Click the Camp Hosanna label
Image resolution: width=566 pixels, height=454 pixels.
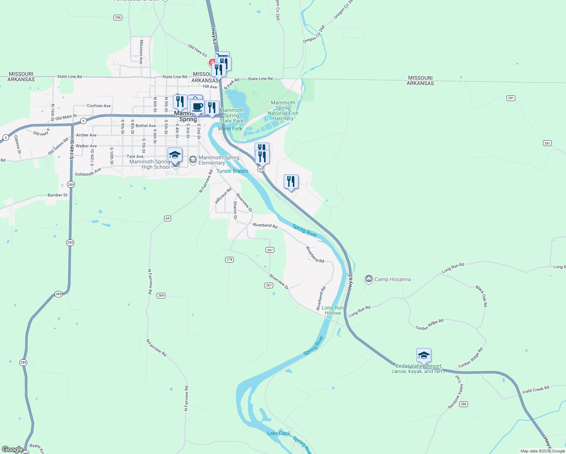[x=392, y=280]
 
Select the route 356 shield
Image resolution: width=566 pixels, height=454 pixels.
[x=118, y=17]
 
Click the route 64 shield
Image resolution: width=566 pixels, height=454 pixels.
[x=168, y=218]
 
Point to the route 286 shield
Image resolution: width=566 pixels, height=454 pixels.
[x=463, y=404]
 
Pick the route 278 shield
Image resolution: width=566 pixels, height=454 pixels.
[x=229, y=260]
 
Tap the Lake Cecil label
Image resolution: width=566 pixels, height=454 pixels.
[x=278, y=433]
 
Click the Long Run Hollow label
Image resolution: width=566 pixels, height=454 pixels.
[x=333, y=310]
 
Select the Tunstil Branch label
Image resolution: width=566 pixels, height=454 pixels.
[x=232, y=171]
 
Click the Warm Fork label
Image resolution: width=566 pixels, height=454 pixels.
[x=230, y=129]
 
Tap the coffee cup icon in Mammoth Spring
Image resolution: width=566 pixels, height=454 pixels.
[x=197, y=106]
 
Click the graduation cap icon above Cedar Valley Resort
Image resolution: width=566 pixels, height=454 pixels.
[x=424, y=355]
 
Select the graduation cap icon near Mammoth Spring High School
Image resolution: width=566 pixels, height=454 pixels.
[x=175, y=155]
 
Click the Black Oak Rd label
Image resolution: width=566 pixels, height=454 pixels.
[x=482, y=296]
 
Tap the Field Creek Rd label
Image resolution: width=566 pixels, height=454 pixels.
[x=536, y=390]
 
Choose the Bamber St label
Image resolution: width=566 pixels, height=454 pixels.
[x=58, y=195]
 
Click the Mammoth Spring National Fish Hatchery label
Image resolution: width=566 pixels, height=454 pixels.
[x=283, y=111]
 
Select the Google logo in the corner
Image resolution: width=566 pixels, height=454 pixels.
[x=12, y=449]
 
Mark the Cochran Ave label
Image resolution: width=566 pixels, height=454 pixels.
[x=99, y=106]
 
